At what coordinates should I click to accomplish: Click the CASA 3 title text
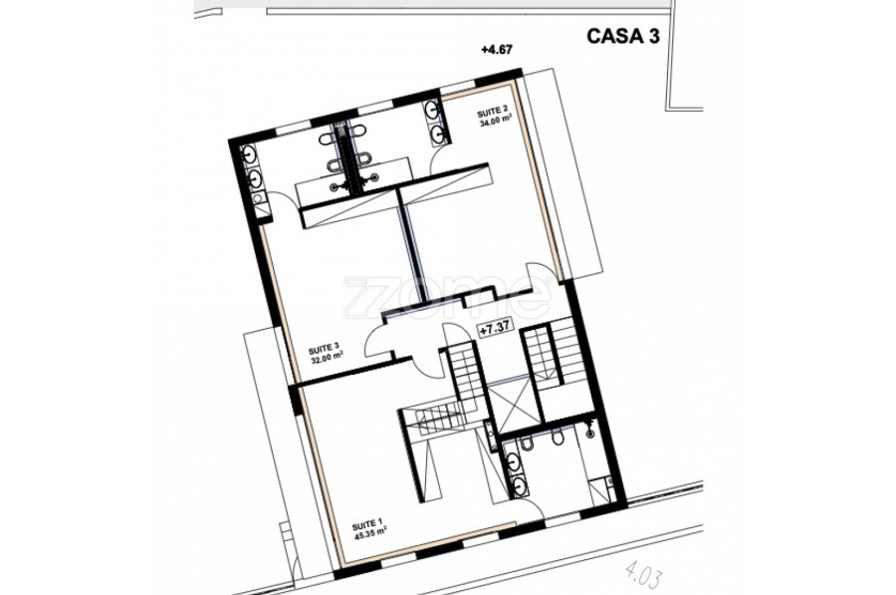point(623,36)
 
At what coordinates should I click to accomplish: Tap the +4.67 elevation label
point(496,50)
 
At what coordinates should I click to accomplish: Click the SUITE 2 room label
point(493,111)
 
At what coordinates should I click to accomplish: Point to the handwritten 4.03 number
point(644,573)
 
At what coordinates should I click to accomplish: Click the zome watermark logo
point(447,297)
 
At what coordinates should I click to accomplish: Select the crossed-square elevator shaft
point(516,408)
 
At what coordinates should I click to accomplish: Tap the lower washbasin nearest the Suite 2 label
point(438,134)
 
